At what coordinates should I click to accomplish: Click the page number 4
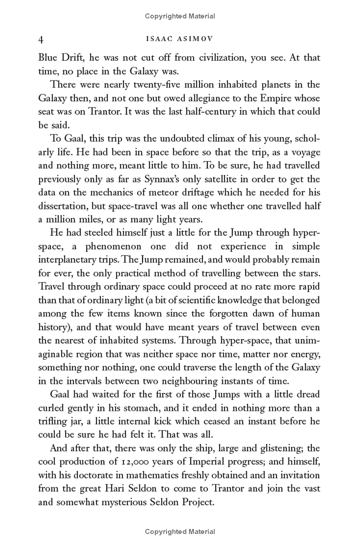pos(41,40)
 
